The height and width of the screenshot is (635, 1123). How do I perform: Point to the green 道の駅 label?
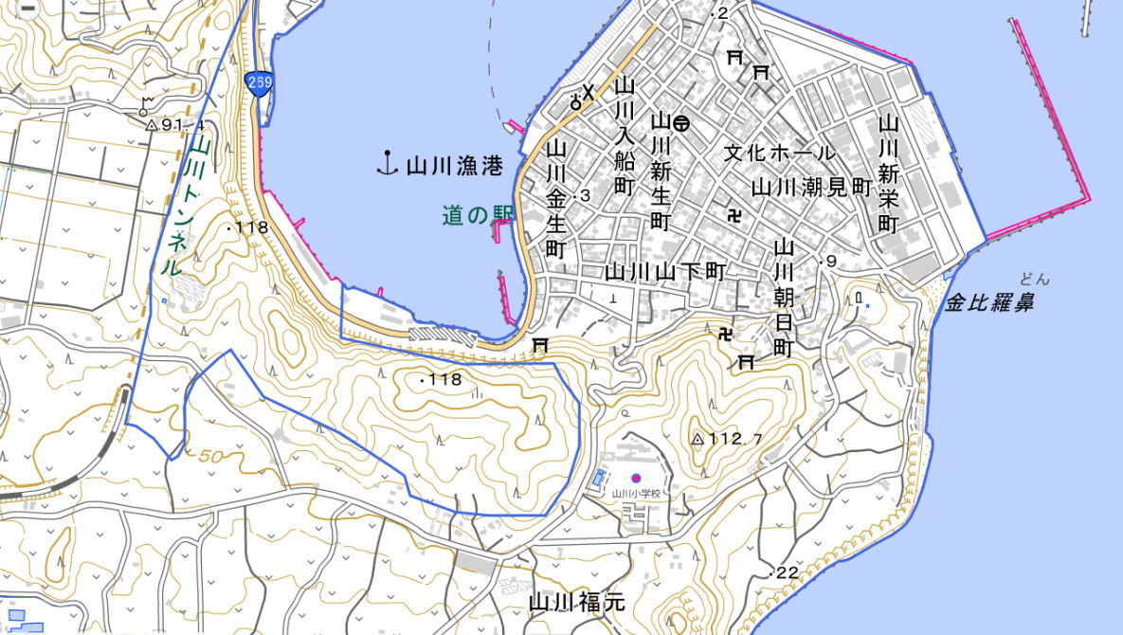click(476, 216)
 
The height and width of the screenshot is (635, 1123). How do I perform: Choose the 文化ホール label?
click(779, 153)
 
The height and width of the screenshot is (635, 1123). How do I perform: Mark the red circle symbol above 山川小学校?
click(635, 479)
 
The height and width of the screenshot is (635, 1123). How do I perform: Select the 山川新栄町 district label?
click(888, 173)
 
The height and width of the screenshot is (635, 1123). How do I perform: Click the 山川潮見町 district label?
click(810, 187)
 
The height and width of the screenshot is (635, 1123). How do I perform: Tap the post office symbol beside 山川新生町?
click(680, 122)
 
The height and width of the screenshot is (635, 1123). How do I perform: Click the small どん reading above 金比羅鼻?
click(1035, 279)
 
